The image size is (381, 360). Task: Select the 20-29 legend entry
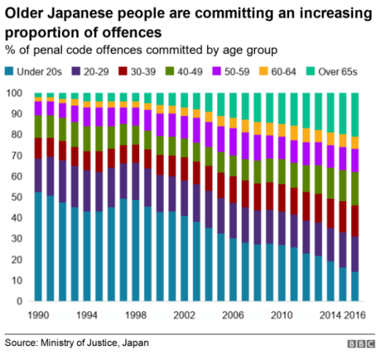coord(91,73)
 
